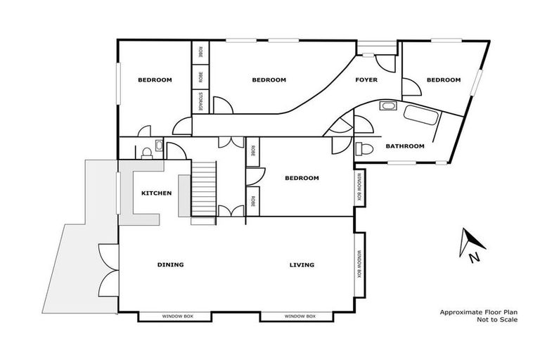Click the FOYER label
click(366, 80)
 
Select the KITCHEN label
click(156, 193)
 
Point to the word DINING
click(170, 265)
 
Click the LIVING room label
click(302, 265)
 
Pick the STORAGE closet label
click(200, 101)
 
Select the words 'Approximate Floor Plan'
click(478, 311)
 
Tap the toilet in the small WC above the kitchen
click(146, 150)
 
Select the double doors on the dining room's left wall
click(109, 269)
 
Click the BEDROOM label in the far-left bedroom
click(155, 80)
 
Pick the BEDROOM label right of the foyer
click(444, 80)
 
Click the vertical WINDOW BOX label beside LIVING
click(359, 264)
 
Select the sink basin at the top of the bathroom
click(387, 107)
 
